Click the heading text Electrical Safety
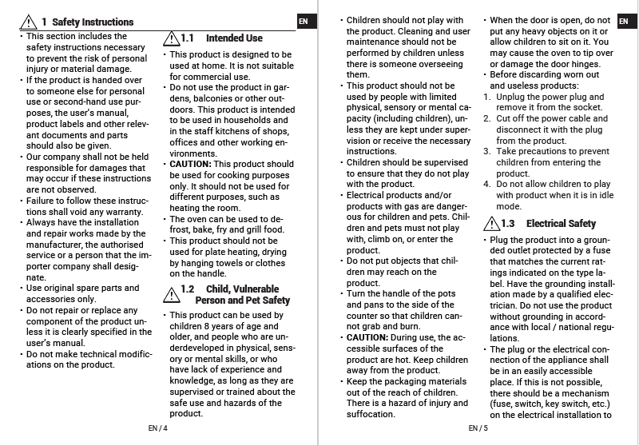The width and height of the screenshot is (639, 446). (x=561, y=224)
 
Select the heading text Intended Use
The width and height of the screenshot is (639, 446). (x=234, y=38)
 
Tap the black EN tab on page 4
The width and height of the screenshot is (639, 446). (x=303, y=22)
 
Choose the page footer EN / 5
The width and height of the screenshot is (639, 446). (x=478, y=428)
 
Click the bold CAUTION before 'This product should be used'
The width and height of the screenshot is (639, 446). (x=189, y=164)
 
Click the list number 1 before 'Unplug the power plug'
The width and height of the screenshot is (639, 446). (x=487, y=97)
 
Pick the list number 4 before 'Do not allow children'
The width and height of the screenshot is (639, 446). (x=487, y=184)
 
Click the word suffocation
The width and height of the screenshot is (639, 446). (x=371, y=414)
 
